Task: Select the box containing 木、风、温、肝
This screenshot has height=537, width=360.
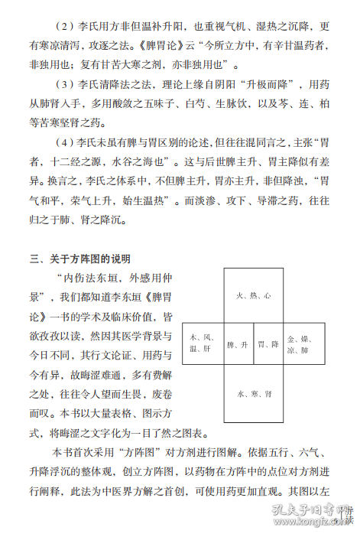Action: (x=203, y=345)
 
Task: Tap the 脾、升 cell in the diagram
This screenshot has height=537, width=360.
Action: (x=238, y=345)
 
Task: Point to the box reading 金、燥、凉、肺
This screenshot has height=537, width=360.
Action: (x=299, y=345)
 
